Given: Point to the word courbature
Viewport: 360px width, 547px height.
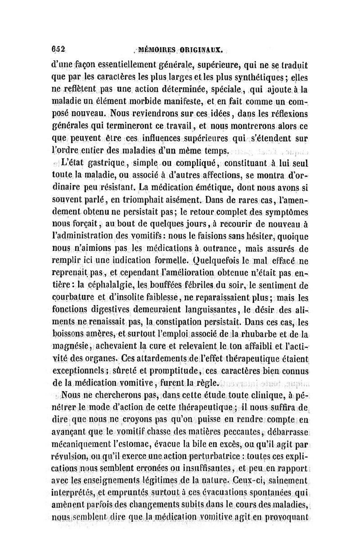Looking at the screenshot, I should click(x=72, y=298).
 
